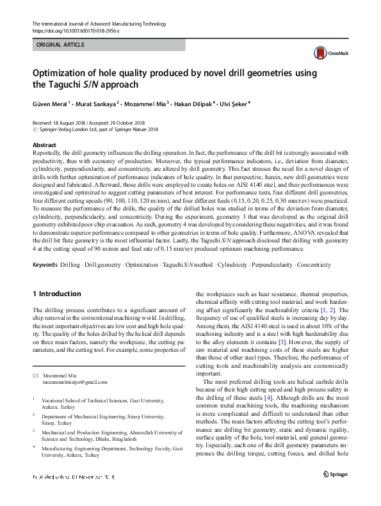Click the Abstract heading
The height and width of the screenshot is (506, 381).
tap(44, 145)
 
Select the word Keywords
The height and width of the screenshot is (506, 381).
tap(45, 264)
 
